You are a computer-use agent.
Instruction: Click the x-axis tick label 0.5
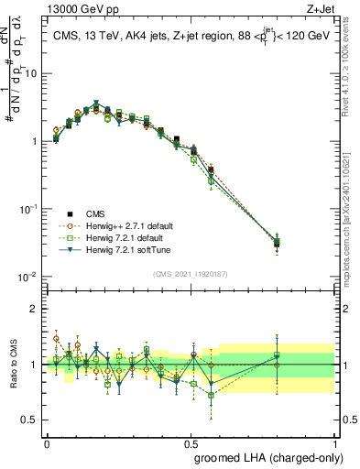pyautogui.click(x=191, y=441)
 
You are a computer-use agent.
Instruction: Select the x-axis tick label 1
pyautogui.click(x=336, y=441)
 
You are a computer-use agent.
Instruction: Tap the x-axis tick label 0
pyautogui.click(x=47, y=441)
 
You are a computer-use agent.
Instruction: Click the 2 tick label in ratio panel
pyautogui.click(x=35, y=309)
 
